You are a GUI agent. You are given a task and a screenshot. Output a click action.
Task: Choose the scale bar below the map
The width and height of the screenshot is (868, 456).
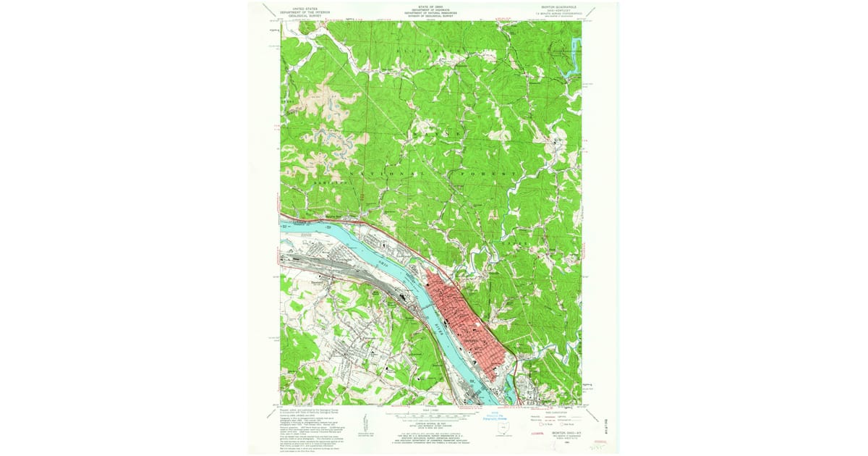pyautogui.click(x=434, y=415)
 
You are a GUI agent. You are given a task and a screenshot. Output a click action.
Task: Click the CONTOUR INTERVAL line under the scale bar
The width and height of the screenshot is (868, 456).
pyautogui.click(x=434, y=423)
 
